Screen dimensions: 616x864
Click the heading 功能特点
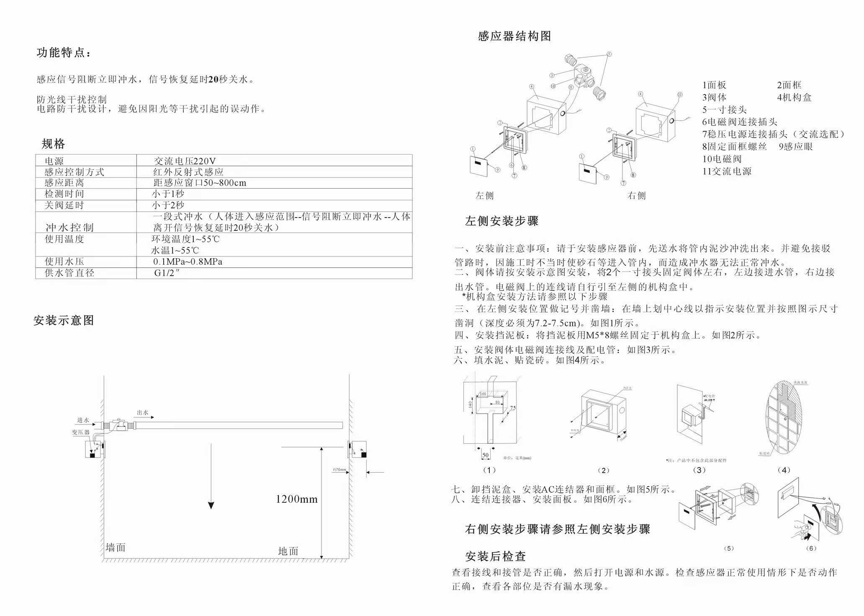tap(64, 53)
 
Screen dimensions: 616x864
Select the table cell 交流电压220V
tap(185, 161)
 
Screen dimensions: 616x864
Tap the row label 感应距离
tap(64, 183)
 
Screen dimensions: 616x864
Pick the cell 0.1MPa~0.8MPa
tap(188, 262)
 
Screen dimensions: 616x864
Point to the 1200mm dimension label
tap(296, 499)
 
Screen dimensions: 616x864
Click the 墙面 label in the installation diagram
tap(116, 547)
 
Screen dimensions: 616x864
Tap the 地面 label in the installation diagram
tap(288, 551)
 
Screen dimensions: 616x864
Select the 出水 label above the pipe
tap(143, 412)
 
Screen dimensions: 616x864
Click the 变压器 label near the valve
tap(81, 432)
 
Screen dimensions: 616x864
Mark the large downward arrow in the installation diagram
tap(211, 478)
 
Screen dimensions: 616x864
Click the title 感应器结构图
tap(514, 36)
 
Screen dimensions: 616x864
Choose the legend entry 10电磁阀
tap(722, 159)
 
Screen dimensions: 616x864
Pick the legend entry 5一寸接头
tap(724, 110)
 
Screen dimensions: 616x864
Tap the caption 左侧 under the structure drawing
tap(484, 195)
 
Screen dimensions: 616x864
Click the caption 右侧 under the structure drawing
tap(636, 195)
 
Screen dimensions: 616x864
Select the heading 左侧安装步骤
tap(501, 221)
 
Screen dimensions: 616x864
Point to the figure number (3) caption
tap(699, 470)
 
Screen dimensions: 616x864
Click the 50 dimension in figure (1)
tap(486, 455)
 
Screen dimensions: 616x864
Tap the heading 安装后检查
tap(495, 556)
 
